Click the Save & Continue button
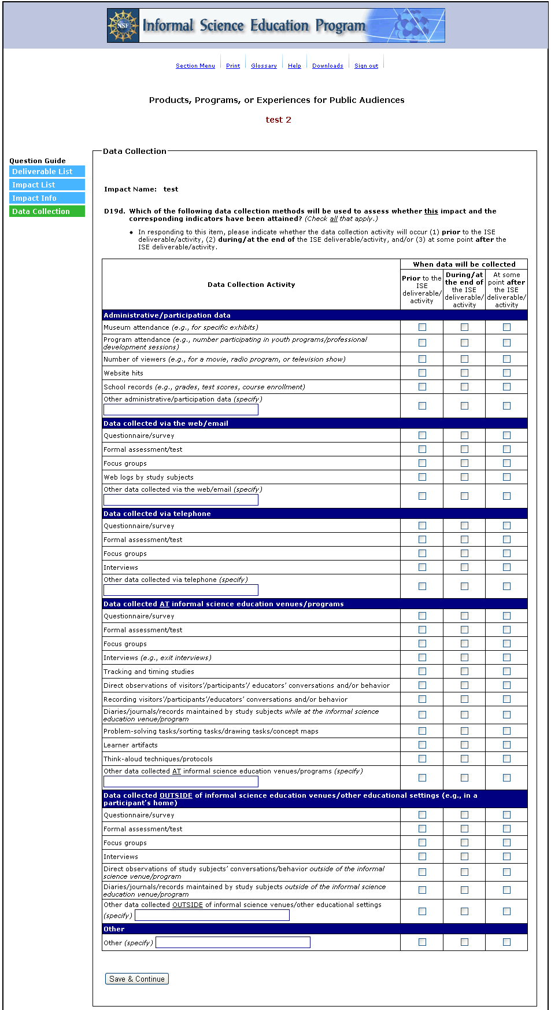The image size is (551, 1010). pyautogui.click(x=137, y=979)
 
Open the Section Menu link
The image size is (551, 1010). pyautogui.click(x=195, y=66)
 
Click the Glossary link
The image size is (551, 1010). pyautogui.click(x=264, y=66)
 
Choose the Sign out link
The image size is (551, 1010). pyautogui.click(x=366, y=66)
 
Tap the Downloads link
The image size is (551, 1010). pyautogui.click(x=327, y=66)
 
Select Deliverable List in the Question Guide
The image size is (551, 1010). pyautogui.click(x=47, y=171)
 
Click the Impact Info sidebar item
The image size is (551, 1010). pyautogui.click(x=47, y=198)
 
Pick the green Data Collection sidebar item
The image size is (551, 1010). pyautogui.click(x=47, y=211)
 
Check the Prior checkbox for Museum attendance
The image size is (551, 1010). pyautogui.click(x=422, y=327)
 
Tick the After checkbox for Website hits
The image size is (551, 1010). pyautogui.click(x=506, y=373)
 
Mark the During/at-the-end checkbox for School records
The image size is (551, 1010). pyautogui.click(x=464, y=387)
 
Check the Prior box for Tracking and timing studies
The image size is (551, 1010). pyautogui.click(x=422, y=672)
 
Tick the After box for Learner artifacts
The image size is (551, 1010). pyautogui.click(x=506, y=745)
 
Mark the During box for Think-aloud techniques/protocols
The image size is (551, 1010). pyautogui.click(x=464, y=759)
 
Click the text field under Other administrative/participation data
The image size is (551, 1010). pyautogui.click(x=180, y=410)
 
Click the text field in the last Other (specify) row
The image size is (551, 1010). pyautogui.click(x=232, y=942)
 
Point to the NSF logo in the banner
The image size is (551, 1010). pyautogui.click(x=123, y=25)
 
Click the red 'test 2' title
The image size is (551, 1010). pyautogui.click(x=278, y=120)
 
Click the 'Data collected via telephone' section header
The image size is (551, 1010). pyautogui.click(x=157, y=514)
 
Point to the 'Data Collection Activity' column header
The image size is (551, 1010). pyautogui.click(x=251, y=285)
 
